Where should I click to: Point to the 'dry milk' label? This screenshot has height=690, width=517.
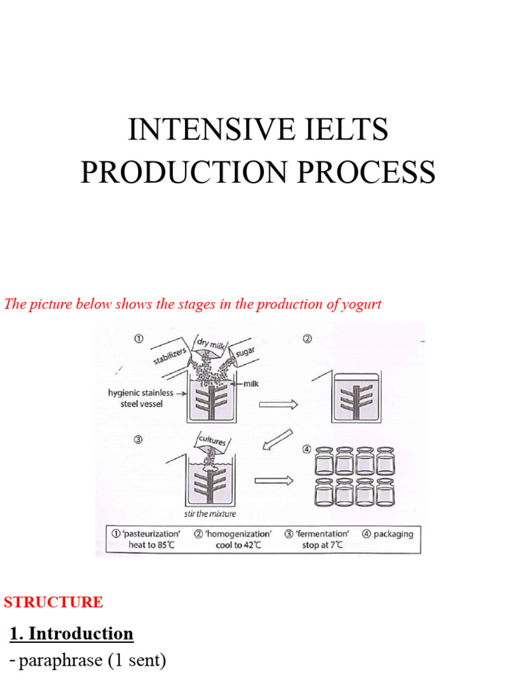point(209,344)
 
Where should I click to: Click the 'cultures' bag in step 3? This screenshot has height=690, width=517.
point(211,443)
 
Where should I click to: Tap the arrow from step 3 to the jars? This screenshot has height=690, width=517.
point(276,480)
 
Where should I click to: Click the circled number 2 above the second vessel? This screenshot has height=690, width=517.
point(307,338)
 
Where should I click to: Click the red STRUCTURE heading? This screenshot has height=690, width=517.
point(54,602)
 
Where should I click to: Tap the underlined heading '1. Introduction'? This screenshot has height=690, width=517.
point(71,633)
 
